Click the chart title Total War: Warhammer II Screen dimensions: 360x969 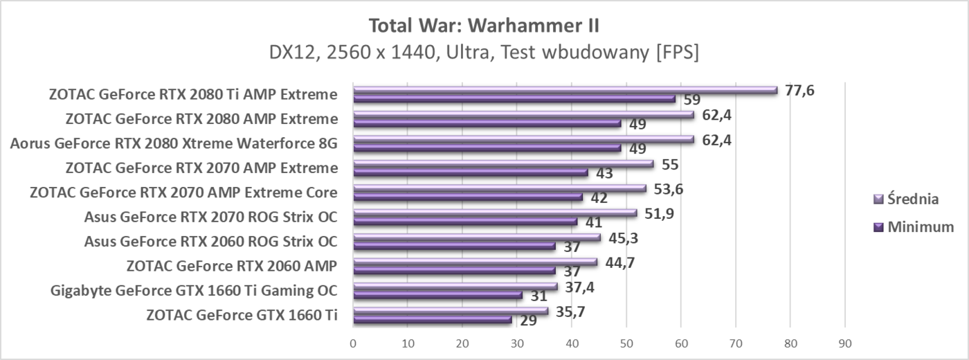[484, 26]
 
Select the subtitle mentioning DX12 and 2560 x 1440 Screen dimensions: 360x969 [484, 53]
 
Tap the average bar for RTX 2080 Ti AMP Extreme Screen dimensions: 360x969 [564, 90]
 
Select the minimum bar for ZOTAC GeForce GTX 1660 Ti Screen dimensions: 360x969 [432, 319]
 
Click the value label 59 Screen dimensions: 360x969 [692, 100]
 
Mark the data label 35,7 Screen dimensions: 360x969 [570, 312]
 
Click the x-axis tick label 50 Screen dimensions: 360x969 [626, 343]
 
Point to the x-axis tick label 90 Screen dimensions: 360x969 [844, 343]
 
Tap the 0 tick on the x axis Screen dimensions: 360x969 [353, 343]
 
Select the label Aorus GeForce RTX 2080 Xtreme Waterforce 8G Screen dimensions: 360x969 [174, 144]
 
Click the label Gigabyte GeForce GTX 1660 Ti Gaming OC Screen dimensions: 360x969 [194, 290]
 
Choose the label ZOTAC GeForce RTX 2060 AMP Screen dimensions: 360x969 [232, 266]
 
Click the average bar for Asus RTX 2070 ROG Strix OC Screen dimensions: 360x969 [494, 213]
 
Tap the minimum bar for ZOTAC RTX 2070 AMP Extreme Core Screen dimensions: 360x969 [467, 197]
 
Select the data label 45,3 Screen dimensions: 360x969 [623, 238]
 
